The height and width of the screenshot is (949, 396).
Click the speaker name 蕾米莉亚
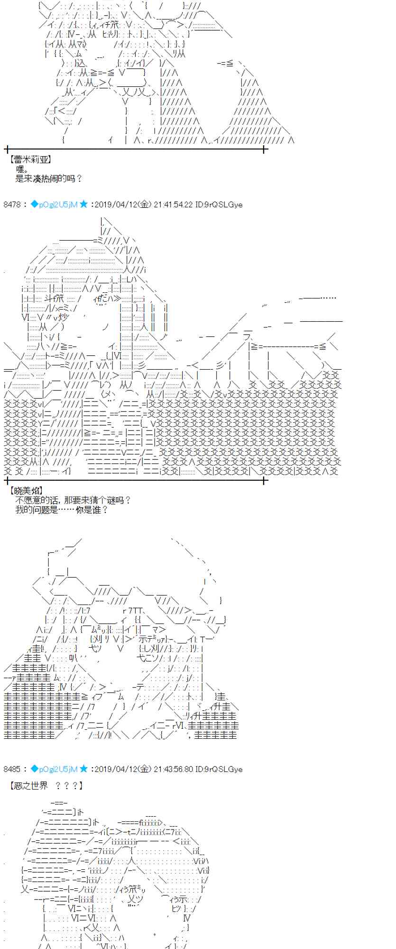(30, 160)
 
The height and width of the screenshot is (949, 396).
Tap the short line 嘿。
(22, 169)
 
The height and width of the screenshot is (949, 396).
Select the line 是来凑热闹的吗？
(49, 178)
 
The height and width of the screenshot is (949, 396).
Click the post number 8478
(12, 205)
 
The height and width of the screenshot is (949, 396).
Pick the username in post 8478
(54, 205)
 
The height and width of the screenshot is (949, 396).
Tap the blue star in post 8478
(83, 204)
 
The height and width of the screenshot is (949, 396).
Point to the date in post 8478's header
(123, 205)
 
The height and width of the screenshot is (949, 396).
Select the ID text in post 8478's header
(219, 205)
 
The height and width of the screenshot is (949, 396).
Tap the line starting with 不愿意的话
(73, 500)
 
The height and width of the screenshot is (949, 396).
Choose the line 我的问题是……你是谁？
(62, 510)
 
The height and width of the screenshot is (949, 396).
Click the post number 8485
(12, 769)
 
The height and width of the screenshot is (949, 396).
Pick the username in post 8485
(54, 769)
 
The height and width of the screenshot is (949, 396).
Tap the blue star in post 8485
(83, 768)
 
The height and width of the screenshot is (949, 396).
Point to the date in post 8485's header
(123, 769)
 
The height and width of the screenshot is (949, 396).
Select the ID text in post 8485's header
(219, 769)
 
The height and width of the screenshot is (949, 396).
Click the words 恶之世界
(32, 786)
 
